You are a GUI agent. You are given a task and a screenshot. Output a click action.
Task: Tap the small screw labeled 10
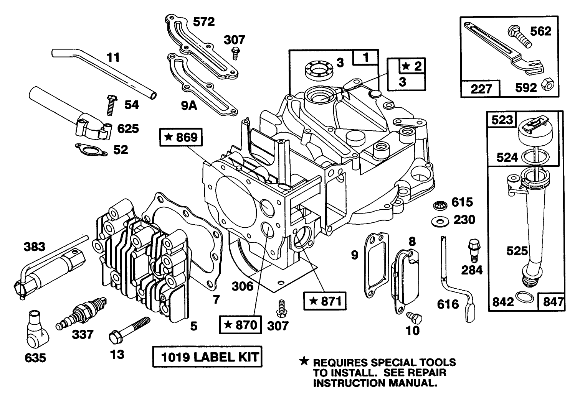point(415,316)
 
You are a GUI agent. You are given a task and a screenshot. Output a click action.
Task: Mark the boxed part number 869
point(181,137)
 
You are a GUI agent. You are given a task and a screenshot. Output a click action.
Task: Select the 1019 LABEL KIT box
point(207,357)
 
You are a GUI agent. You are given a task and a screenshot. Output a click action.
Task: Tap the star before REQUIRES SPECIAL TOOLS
point(304,361)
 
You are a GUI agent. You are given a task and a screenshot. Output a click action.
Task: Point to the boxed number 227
point(481,89)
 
